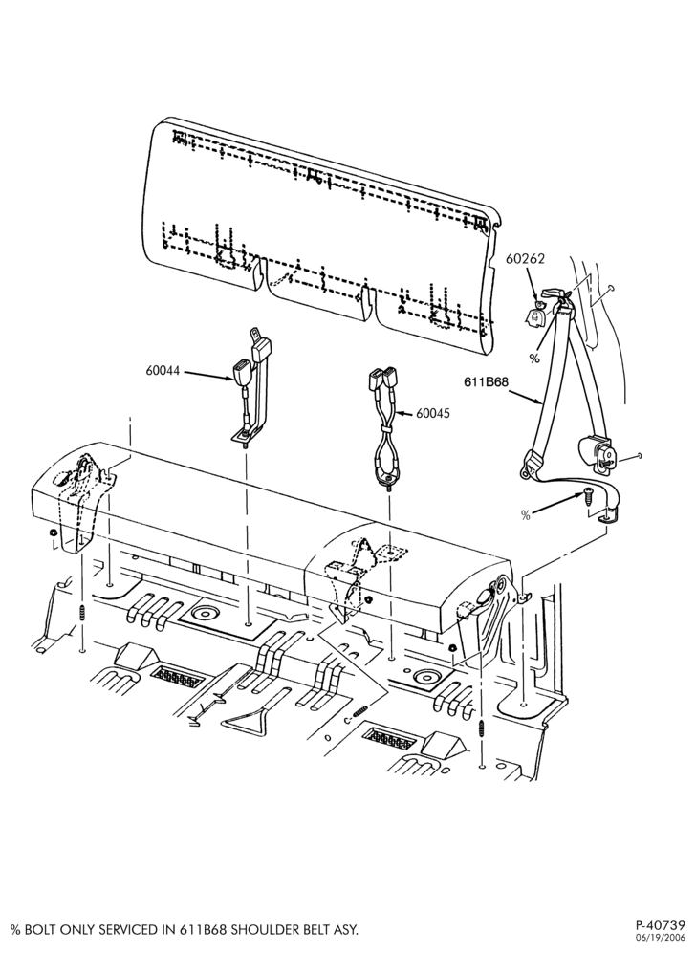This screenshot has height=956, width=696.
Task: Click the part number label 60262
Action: pos(525,258)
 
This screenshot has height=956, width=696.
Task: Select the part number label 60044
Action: pos(163,370)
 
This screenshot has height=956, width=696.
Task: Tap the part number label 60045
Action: pos(433,413)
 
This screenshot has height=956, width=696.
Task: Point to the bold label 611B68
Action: pos(486,382)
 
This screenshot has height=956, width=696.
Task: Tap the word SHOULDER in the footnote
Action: pos(253,930)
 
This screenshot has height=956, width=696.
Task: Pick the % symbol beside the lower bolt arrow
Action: pos(526,515)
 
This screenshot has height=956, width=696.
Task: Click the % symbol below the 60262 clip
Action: pos(534,358)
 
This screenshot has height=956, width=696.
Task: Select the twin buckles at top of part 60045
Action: pos(381,379)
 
